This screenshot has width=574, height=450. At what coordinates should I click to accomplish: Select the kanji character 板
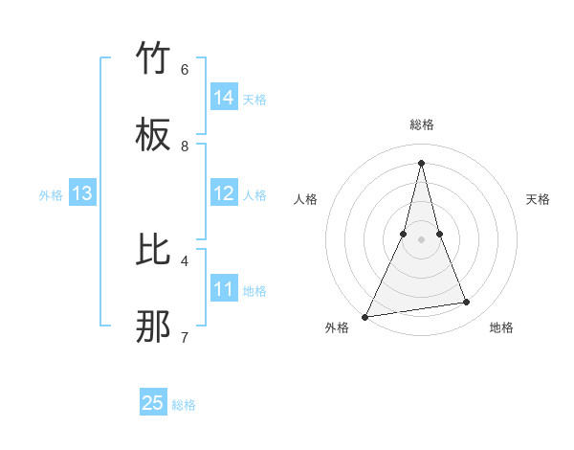[x=154, y=136]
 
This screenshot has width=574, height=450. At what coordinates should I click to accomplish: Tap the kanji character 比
[x=154, y=250]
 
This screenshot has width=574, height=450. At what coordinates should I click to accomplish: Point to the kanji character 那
[x=154, y=326]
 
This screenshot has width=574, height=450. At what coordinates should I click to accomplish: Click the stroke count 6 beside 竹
[x=185, y=70]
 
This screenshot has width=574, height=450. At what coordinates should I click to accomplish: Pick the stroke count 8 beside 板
[x=185, y=146]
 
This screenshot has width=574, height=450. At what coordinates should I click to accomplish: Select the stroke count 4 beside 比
[x=185, y=260]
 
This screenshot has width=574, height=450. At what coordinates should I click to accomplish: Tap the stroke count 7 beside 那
[x=185, y=337]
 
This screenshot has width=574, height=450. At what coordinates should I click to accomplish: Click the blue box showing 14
[x=224, y=98]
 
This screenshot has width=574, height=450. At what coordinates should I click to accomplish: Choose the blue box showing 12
[x=224, y=193]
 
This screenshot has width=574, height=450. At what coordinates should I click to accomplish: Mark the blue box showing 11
[x=224, y=289]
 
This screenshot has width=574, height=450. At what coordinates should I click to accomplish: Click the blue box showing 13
[x=82, y=193]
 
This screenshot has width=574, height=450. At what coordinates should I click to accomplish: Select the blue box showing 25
[x=153, y=403]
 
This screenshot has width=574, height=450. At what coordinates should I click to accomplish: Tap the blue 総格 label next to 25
[x=184, y=405]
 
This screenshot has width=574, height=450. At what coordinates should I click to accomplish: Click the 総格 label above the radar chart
[x=421, y=124]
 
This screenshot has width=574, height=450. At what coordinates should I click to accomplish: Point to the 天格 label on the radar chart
[x=539, y=199]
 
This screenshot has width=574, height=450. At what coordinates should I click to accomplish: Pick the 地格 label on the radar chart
[x=501, y=327]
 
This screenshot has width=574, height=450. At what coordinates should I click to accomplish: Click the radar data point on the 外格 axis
[x=365, y=316]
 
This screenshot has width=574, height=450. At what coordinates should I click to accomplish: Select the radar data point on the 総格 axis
[x=421, y=162]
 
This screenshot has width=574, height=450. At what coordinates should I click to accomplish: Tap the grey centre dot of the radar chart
[x=421, y=239]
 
